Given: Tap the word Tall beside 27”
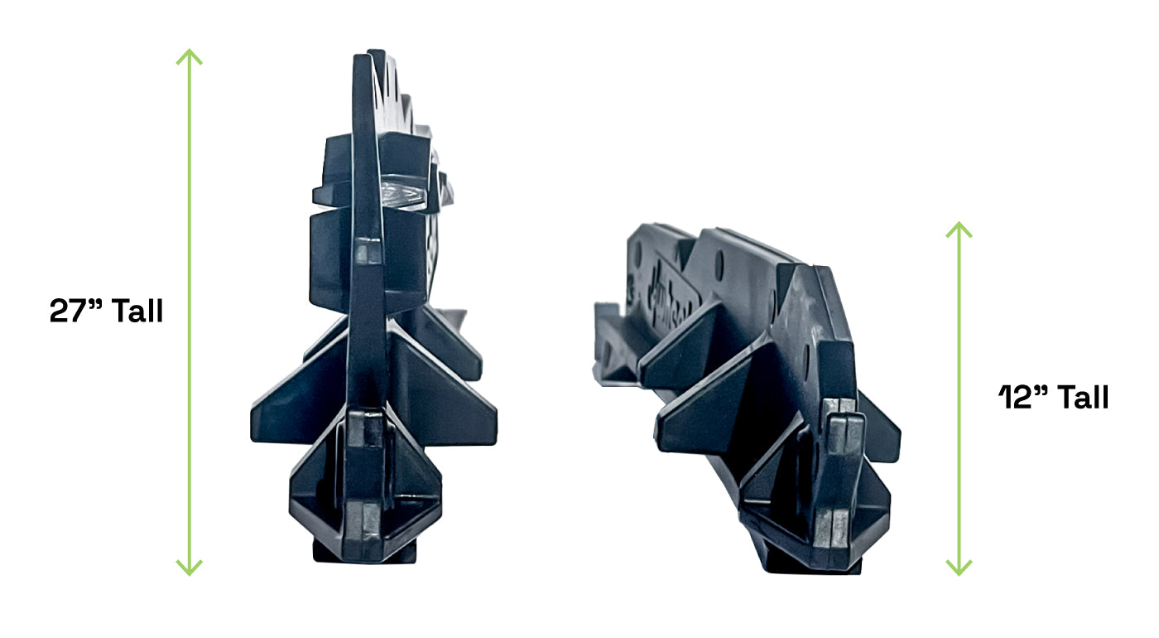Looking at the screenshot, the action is (137, 311).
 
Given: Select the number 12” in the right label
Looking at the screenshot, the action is (1023, 397).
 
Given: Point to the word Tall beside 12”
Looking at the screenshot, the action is (1083, 397).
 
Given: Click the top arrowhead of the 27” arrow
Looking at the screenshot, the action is (190, 56).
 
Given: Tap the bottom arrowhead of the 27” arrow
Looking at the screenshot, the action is (190, 568).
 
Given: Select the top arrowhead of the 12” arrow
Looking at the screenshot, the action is (959, 229).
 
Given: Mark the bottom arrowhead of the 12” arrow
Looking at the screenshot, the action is (959, 568).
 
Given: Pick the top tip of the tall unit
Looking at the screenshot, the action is (375, 51).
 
